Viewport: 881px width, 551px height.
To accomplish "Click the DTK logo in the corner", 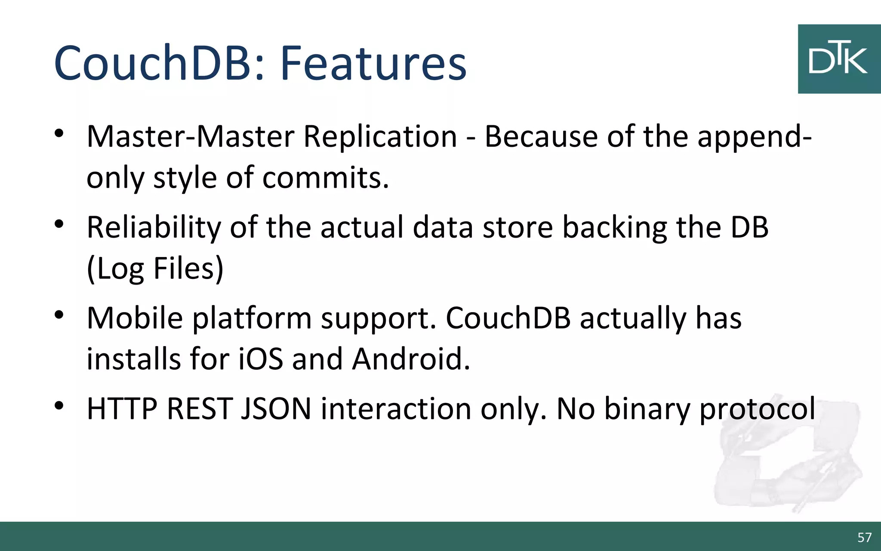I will click(839, 59).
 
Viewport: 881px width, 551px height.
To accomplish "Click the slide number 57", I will click(864, 537).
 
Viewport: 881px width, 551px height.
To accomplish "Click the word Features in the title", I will click(373, 63).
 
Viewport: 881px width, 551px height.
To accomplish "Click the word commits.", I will click(325, 177).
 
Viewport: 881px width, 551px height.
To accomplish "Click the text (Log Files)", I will click(155, 269).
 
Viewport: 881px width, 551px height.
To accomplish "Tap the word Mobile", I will click(135, 318).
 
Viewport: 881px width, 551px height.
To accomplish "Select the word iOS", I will click(261, 359).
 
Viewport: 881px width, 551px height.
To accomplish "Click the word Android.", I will click(411, 359).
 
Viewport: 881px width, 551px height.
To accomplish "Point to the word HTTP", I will click(122, 409).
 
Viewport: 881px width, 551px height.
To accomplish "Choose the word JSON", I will click(276, 409).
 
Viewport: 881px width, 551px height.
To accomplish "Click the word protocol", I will click(757, 409).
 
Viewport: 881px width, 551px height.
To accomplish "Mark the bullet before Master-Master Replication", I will click(59, 133).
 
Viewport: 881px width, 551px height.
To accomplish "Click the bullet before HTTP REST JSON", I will click(59, 406).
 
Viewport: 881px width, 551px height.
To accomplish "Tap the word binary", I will click(647, 409).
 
